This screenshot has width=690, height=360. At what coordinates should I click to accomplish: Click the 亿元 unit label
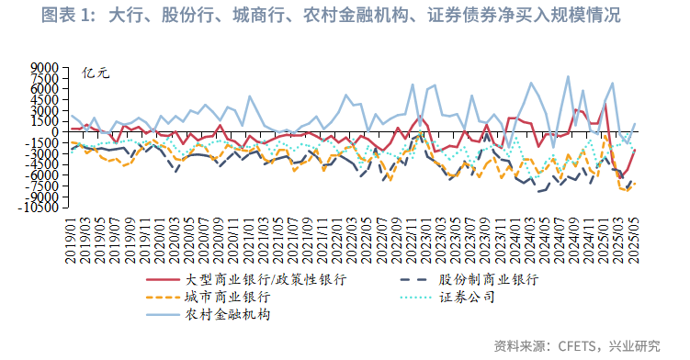pos(96,73)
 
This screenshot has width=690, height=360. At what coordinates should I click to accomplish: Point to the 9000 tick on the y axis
pos(44,67)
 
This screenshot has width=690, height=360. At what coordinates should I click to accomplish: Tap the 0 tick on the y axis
pos(53,131)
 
